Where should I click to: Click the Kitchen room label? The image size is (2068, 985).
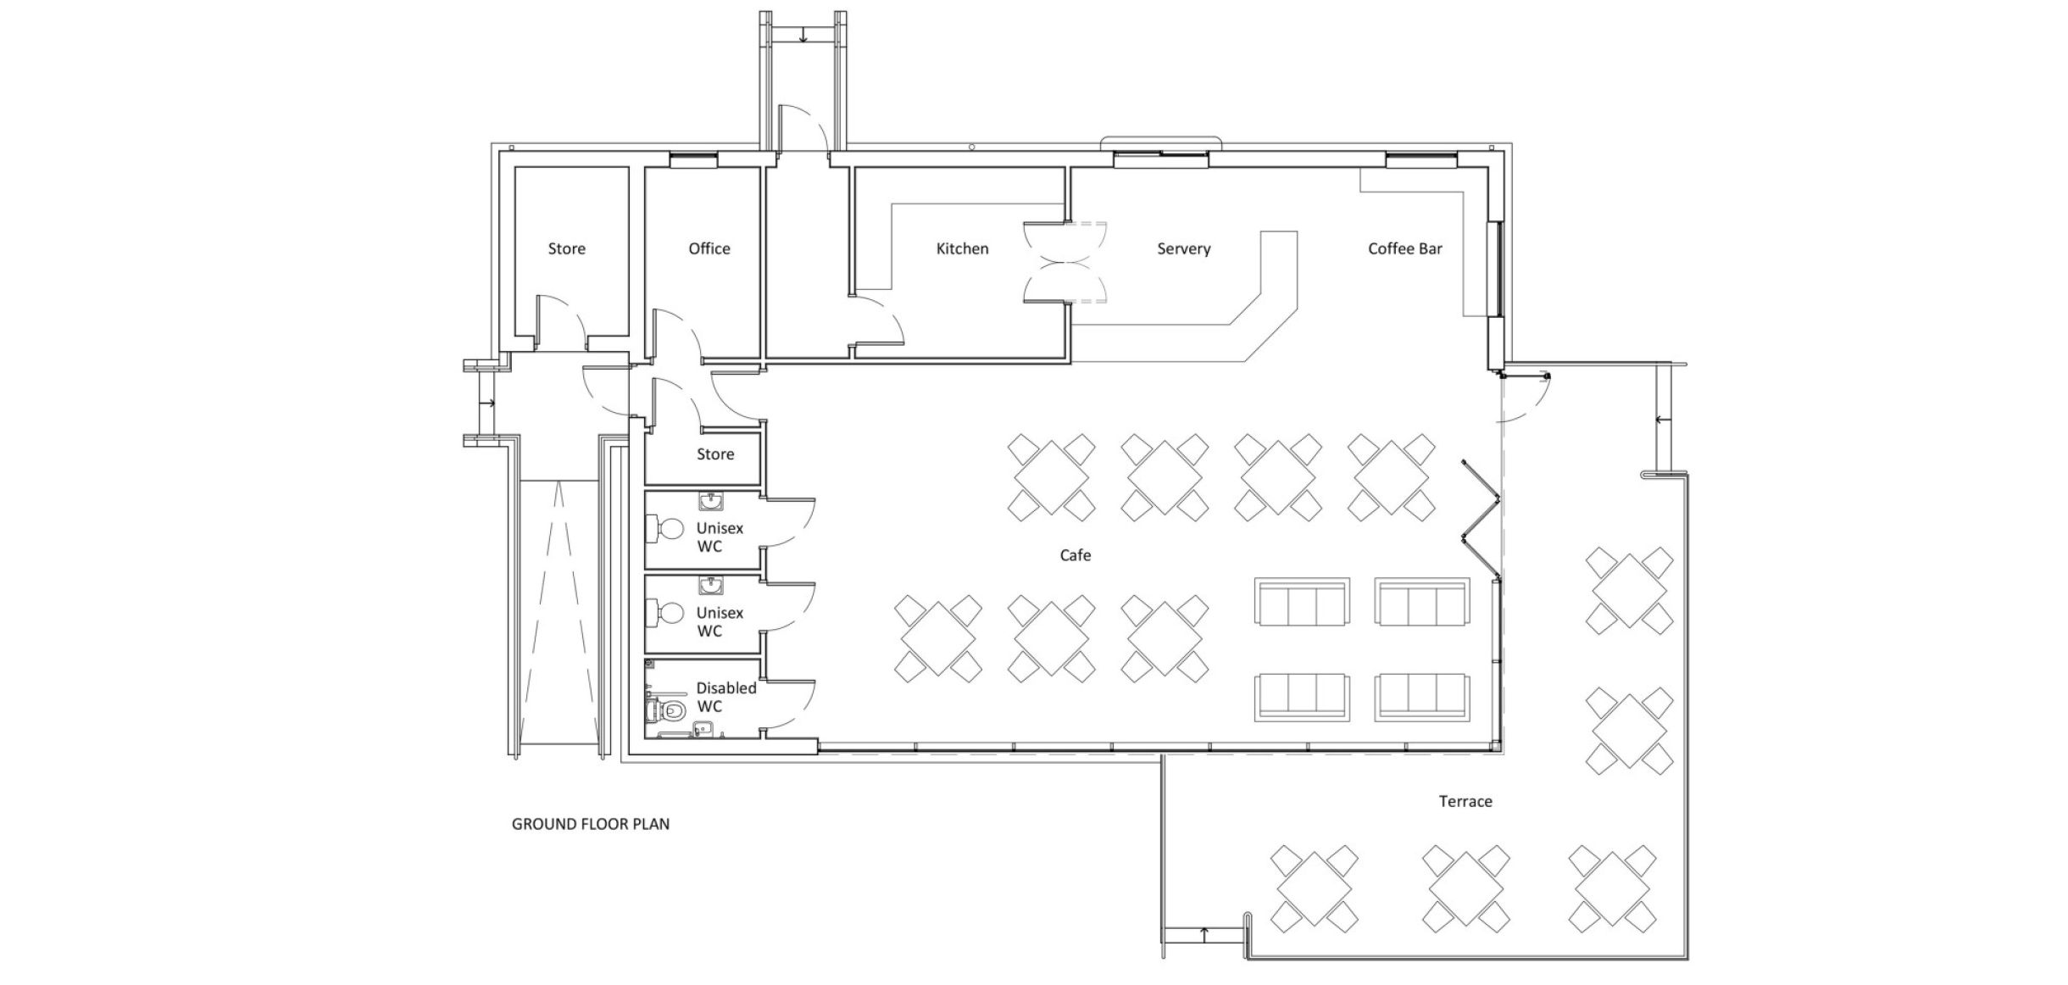click(962, 248)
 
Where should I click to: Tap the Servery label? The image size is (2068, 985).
click(1183, 248)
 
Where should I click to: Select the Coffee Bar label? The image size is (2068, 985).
click(1404, 248)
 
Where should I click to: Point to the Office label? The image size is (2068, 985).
click(709, 248)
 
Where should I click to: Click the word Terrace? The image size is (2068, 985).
click(1465, 801)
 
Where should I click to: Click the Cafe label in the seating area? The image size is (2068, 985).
click(1076, 555)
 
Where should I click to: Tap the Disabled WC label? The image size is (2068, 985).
click(725, 697)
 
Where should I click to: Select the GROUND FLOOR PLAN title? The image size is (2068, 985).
click(590, 824)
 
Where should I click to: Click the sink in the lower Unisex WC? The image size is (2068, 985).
click(710, 585)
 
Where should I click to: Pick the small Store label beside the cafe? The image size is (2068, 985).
click(715, 454)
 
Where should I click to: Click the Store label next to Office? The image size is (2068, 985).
click(566, 248)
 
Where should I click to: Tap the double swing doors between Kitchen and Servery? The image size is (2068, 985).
click(1065, 263)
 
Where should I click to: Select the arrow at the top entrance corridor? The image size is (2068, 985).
click(802, 36)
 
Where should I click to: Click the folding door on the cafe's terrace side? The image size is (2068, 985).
click(1481, 519)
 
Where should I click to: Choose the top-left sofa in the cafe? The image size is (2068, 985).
click(1302, 603)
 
